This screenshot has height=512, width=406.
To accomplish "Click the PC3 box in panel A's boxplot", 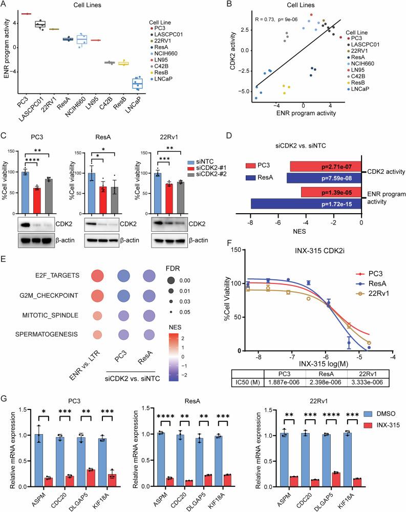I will pos(26,13).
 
